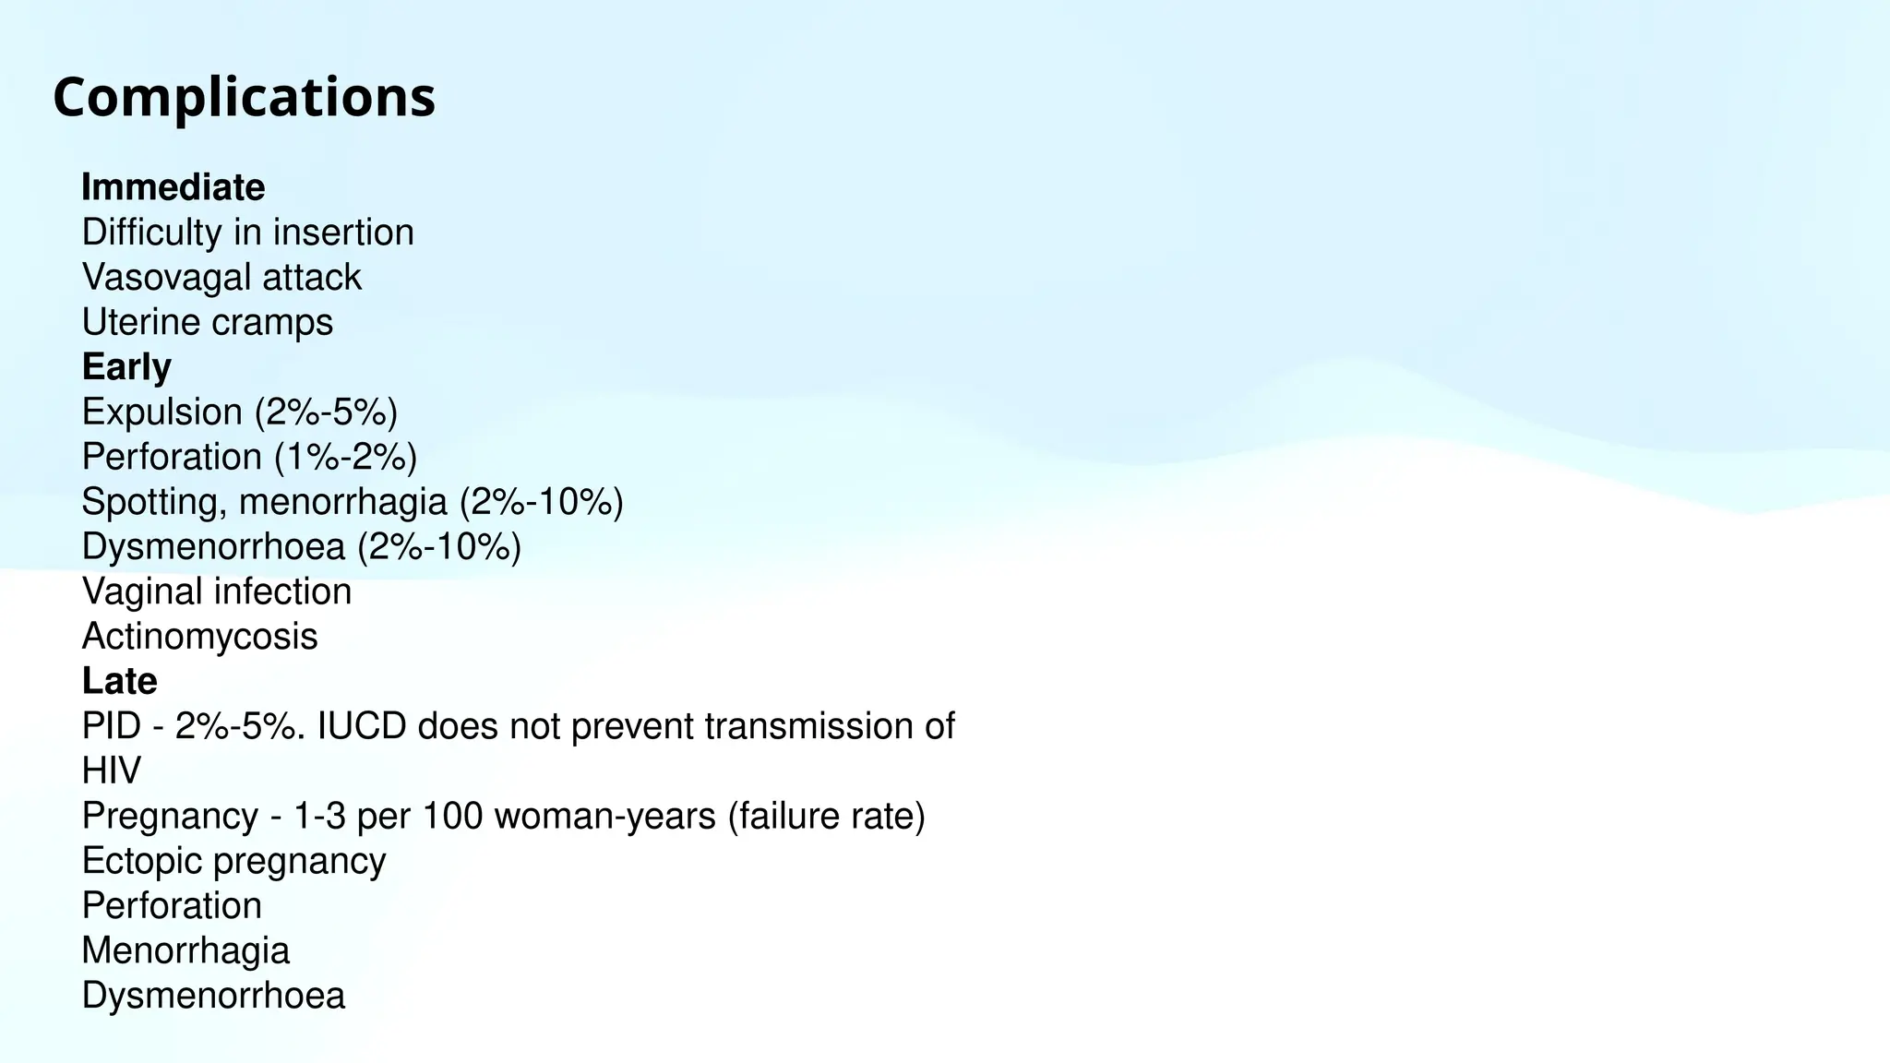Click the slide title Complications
coord(244,97)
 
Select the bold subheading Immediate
coord(173,187)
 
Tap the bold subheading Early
coord(126,367)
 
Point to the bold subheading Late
coord(119,681)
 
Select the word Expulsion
coord(161,412)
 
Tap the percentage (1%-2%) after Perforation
coord(345,457)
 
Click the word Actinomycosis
coord(199,637)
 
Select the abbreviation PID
coord(111,726)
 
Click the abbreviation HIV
coord(111,770)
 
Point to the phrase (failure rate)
coord(826,816)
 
